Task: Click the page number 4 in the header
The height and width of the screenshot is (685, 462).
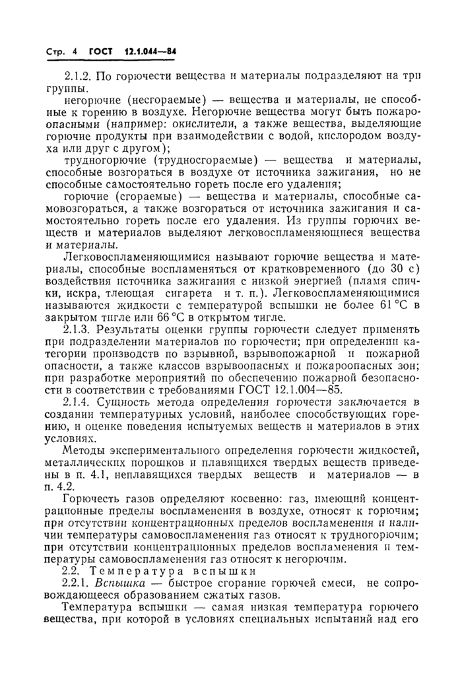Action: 75,51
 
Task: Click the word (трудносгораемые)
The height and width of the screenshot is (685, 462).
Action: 204,160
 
